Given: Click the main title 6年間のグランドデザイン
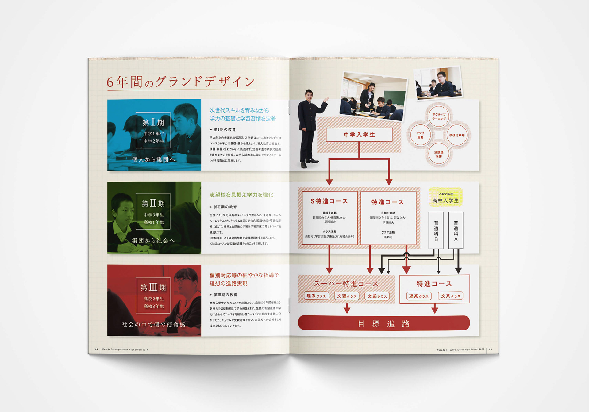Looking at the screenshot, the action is [181, 82].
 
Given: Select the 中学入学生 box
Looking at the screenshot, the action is [359, 135].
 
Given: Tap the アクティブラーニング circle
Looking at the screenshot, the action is [439, 116].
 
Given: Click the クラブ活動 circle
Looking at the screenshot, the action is [420, 135].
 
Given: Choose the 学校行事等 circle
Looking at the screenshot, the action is [457, 135].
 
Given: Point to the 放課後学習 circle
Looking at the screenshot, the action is [439, 154].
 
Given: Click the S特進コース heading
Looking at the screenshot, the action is [329, 201].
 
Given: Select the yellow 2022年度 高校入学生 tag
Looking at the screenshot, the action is [445, 197].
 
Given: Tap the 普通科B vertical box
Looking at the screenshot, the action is [436, 230].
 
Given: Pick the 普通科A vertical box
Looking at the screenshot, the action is [456, 230].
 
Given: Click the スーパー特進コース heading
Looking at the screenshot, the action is [346, 284].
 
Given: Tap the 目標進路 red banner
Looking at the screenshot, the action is [383, 323].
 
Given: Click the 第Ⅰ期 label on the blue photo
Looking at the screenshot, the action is [153, 123].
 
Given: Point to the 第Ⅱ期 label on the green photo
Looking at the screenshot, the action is [153, 204].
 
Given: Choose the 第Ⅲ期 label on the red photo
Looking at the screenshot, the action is [153, 288].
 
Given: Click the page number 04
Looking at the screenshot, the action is [96, 349].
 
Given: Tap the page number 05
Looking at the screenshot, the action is [490, 349].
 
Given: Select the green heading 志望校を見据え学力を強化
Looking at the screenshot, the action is [241, 195].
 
